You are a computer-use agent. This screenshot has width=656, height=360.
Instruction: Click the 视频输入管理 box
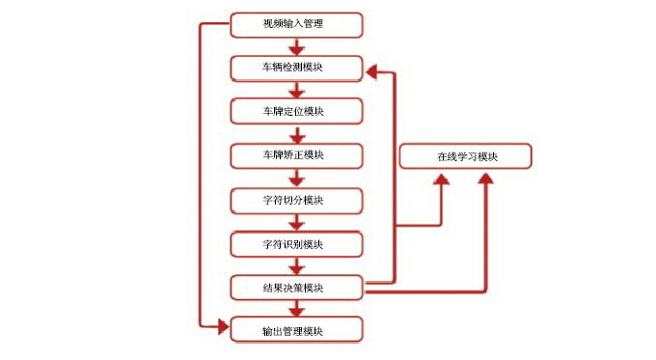coord(297,23)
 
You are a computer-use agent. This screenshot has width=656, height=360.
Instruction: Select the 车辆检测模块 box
coord(297,68)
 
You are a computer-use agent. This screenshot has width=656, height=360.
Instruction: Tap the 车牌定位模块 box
coord(297,111)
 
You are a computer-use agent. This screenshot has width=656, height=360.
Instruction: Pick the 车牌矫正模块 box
coord(297,154)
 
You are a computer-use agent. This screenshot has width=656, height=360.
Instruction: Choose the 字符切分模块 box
coord(297,200)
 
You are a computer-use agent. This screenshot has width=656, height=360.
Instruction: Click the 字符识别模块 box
coord(297,243)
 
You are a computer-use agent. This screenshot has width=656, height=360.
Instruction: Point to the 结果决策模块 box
coord(297,287)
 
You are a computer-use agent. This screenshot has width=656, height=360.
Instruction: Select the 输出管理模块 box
coord(297,330)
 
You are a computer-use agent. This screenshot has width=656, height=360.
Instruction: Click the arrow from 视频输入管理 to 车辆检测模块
coord(297,45)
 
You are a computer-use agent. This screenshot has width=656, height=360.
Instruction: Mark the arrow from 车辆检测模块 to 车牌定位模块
coord(297,90)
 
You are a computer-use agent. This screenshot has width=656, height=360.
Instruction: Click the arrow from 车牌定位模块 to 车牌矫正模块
coord(297,133)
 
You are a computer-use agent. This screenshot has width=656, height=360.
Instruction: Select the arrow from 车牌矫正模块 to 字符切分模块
coord(297,178)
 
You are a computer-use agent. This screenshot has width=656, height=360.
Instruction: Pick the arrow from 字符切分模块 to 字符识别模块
coord(297,222)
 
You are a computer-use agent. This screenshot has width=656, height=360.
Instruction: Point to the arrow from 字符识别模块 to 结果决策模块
coord(297,265)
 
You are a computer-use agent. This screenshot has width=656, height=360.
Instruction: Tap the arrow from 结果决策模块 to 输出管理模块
coord(297,309)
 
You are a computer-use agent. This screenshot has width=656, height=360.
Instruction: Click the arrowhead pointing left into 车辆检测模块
coord(372,69)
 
